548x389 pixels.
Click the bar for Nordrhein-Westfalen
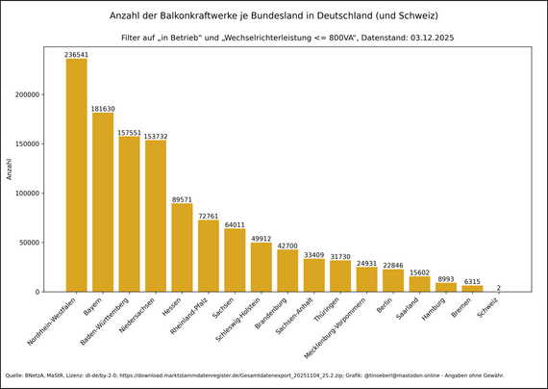click(76, 174)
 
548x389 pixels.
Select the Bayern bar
click(103, 202)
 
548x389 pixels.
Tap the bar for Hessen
click(182, 247)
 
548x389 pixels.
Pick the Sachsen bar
click(235, 260)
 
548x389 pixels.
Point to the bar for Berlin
click(393, 280)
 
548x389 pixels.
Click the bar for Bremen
click(472, 288)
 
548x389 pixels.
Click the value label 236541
click(76, 55)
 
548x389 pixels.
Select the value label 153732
click(156, 136)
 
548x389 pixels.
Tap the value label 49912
click(261, 238)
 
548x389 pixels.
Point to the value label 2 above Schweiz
click(498, 287)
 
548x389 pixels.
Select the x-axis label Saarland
click(409, 309)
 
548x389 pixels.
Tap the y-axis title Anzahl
click(11, 169)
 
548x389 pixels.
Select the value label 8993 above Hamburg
click(445, 278)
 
